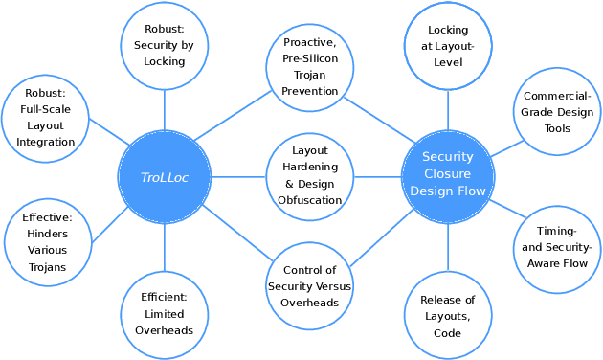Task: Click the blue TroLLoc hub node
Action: [164, 177]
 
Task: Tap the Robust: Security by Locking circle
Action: [164, 45]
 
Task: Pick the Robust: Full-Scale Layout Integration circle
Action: [45, 118]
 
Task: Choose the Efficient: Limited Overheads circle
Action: [164, 314]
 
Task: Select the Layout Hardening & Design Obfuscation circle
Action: [309, 176]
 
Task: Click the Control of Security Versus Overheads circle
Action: [309, 285]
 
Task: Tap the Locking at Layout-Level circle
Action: [448, 46]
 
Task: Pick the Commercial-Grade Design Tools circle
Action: [557, 112]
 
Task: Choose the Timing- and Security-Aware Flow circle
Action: [556, 247]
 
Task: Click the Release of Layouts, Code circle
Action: [448, 316]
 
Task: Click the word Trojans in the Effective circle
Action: [47, 267]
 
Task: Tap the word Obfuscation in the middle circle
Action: [309, 201]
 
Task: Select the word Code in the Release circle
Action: [448, 333]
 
